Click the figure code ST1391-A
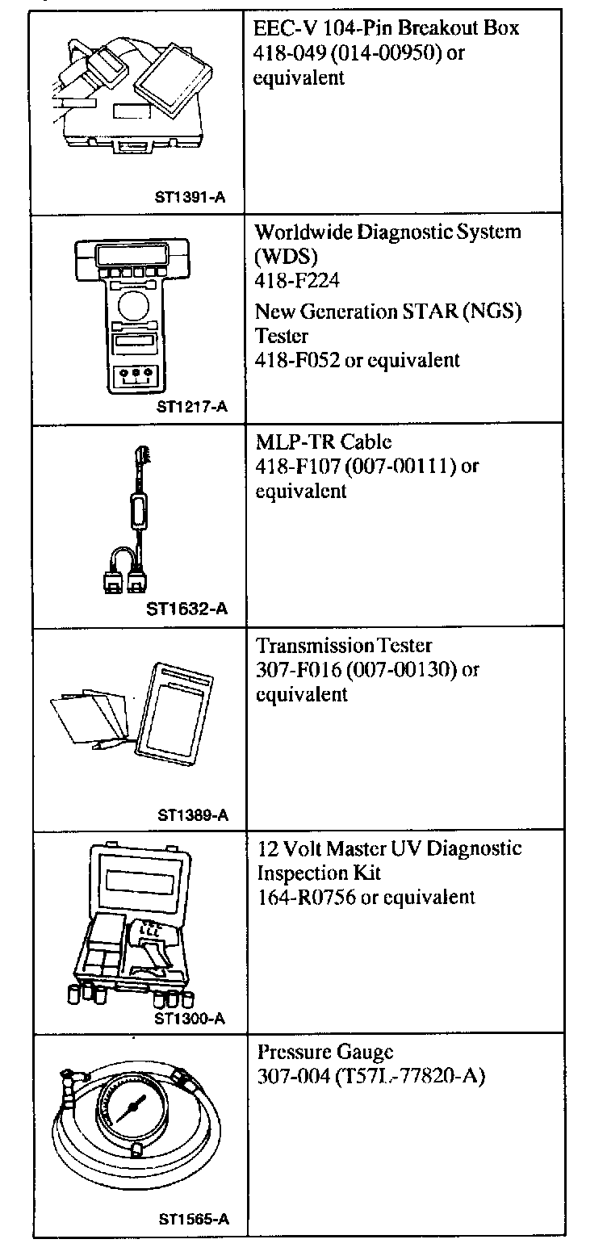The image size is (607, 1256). pyautogui.click(x=190, y=196)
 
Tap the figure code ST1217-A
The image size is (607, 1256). pyautogui.click(x=192, y=406)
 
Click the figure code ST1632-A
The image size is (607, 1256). pyautogui.click(x=187, y=609)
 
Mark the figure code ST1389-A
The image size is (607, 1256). pyautogui.click(x=193, y=814)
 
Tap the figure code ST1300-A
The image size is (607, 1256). pyautogui.click(x=189, y=1018)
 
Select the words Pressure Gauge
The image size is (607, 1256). pyautogui.click(x=325, y=1052)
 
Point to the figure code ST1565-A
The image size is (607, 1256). pyautogui.click(x=193, y=1220)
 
